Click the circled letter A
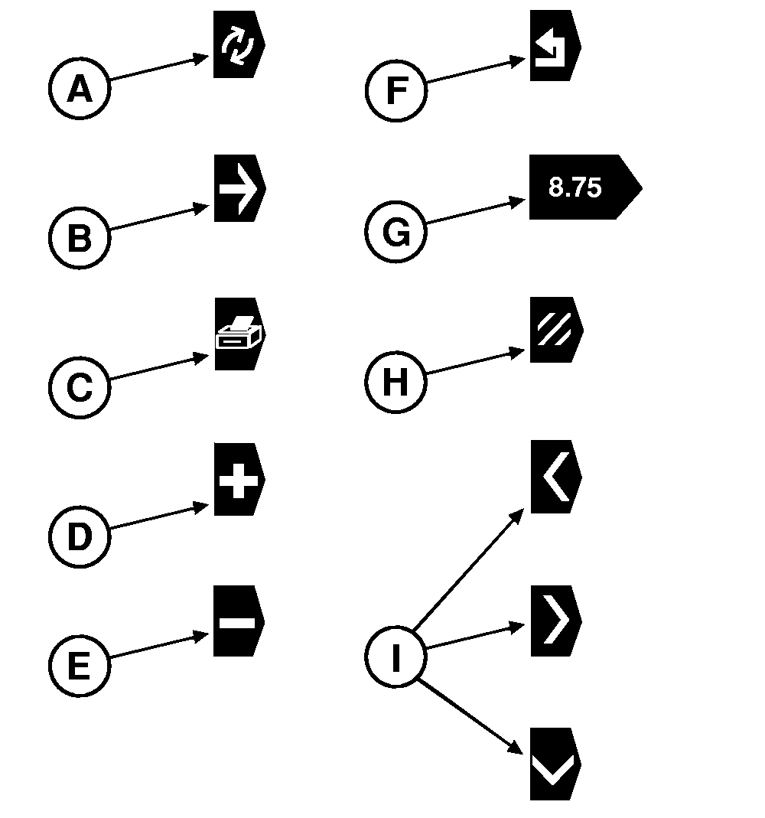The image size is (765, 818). pyautogui.click(x=80, y=90)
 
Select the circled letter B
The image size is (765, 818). pyautogui.click(x=80, y=238)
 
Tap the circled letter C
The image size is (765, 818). pyautogui.click(x=80, y=386)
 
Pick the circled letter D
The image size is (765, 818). pyautogui.click(x=80, y=536)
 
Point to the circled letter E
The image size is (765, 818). pyautogui.click(x=80, y=665)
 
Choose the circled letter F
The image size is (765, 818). pyautogui.click(x=396, y=90)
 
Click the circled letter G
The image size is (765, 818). pyautogui.click(x=396, y=232)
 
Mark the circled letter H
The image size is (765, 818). pyautogui.click(x=396, y=381)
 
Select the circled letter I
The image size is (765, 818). pyautogui.click(x=396, y=657)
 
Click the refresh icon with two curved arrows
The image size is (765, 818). pyautogui.click(x=238, y=44)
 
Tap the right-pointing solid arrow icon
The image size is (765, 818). pyautogui.click(x=238, y=188)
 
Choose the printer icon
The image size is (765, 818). pyautogui.click(x=238, y=334)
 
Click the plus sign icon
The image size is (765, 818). pyautogui.click(x=238, y=480)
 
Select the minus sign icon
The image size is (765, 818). pyautogui.click(x=238, y=621)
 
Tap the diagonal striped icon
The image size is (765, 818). pyautogui.click(x=555, y=330)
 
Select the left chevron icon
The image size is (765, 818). pyautogui.click(x=555, y=477)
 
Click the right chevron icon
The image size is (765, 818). pyautogui.click(x=555, y=621)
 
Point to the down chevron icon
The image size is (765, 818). pyautogui.click(x=555, y=764)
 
